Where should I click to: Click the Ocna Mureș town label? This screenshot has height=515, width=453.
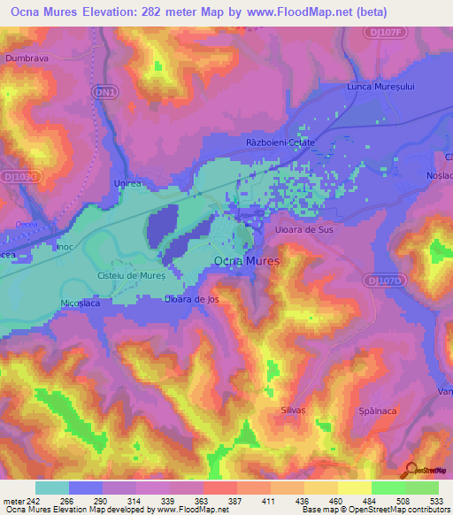coord(247,262)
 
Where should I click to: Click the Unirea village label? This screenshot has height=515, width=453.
coord(128,181)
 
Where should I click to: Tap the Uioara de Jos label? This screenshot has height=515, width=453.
coord(191,299)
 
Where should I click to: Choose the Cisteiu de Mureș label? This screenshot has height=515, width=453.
coord(131,274)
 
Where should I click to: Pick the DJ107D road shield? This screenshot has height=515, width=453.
coord(383,281)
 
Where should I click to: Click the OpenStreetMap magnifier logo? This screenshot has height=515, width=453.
coord(410,470)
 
